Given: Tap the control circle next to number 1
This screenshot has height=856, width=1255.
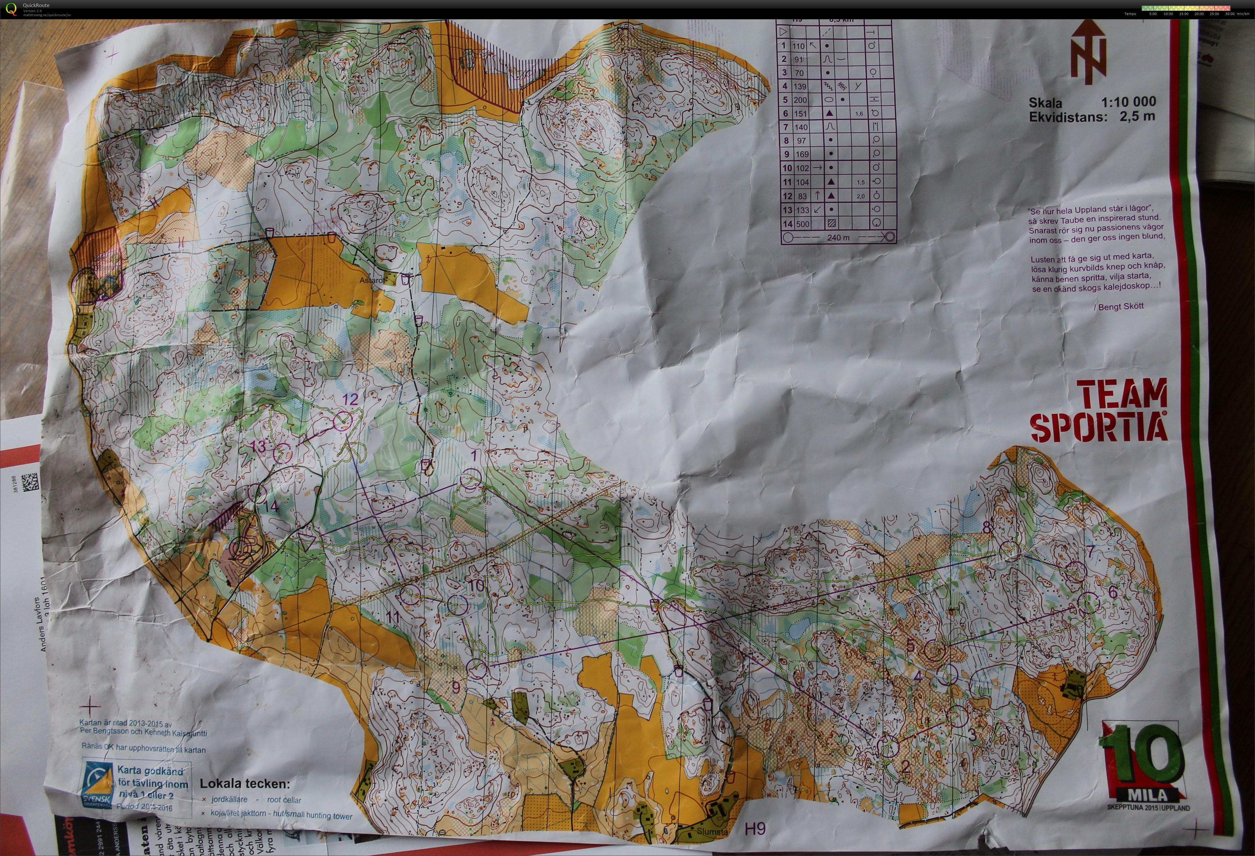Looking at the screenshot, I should [x=470, y=479].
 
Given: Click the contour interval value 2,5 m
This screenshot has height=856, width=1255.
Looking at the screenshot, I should [x=1137, y=116].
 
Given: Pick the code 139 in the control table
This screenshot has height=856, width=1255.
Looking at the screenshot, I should [x=800, y=86].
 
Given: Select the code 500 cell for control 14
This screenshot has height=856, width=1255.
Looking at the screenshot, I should [x=802, y=223].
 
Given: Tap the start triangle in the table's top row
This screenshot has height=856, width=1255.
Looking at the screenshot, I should [x=783, y=32].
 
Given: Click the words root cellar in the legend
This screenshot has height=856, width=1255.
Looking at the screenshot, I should [x=284, y=800].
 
